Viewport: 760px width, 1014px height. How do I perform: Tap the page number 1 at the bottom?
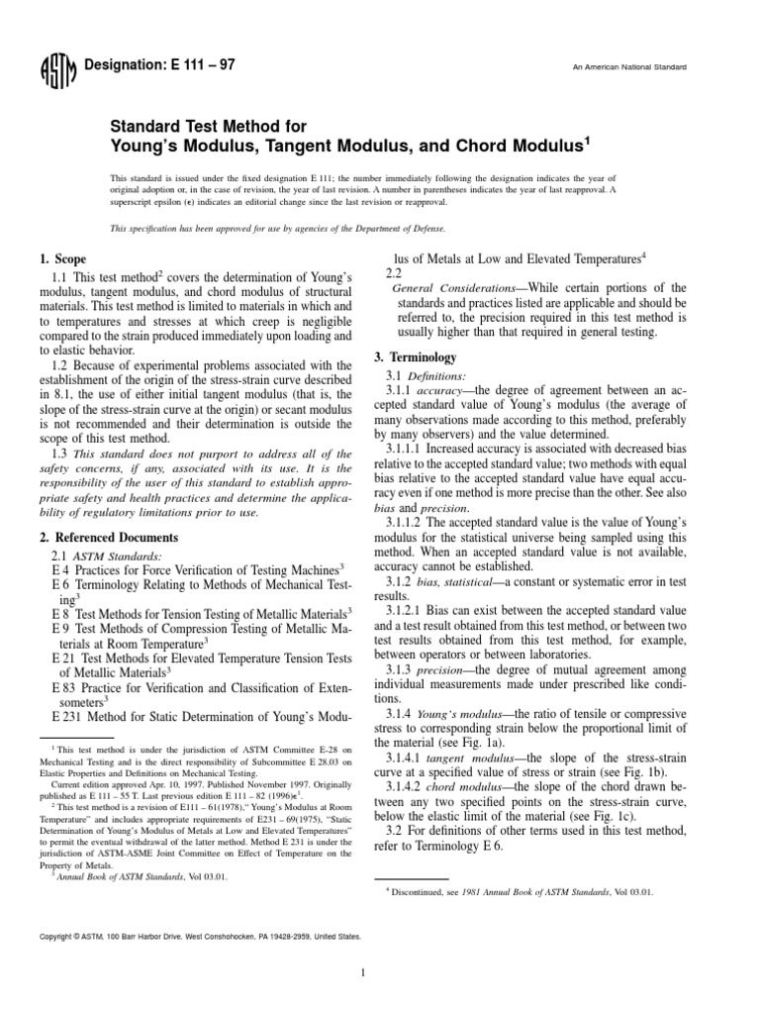click(x=365, y=972)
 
